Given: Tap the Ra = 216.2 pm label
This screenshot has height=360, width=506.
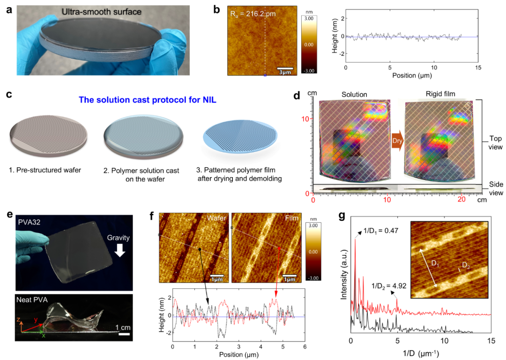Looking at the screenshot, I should tap(253, 15).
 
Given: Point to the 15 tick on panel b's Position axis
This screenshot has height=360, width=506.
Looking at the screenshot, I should tap(478, 67).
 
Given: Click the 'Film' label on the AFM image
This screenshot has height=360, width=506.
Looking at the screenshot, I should tap(290, 219).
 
